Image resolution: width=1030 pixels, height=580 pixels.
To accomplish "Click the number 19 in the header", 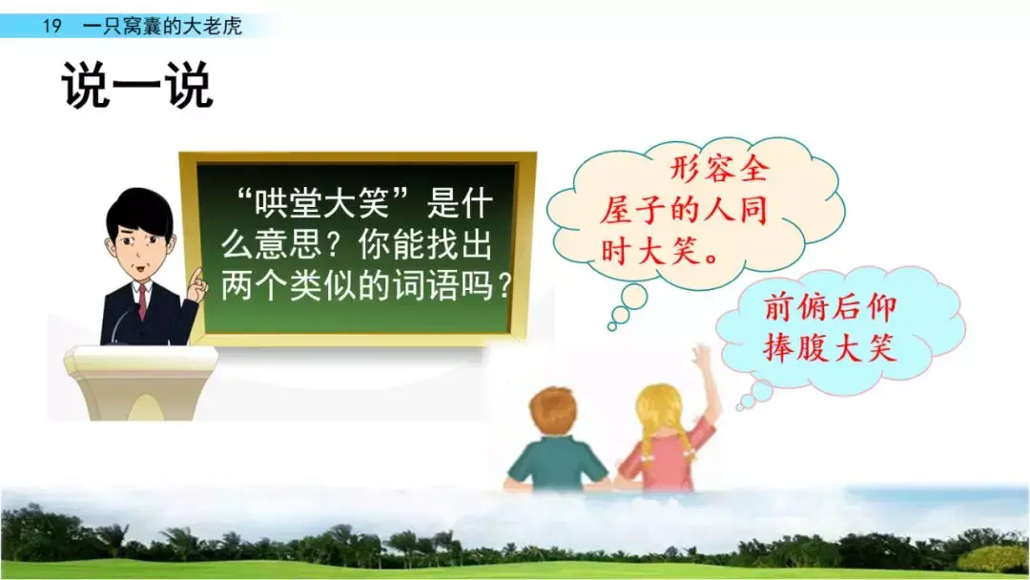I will coord(51,26).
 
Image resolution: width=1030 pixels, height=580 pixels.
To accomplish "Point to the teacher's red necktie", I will coord(142,300).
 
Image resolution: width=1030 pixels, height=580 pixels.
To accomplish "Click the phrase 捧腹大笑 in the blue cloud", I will coord(830,349).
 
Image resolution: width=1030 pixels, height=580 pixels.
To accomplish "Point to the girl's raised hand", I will coord(703,359).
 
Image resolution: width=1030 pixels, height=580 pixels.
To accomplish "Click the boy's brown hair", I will coord(553,410).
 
